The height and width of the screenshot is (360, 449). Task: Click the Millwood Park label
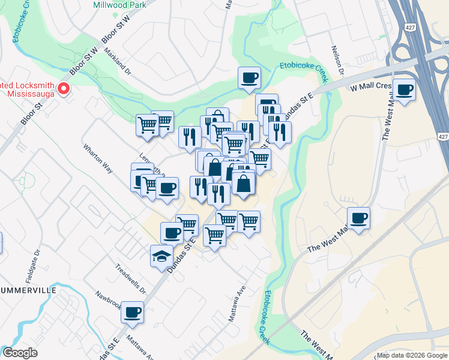[120, 5]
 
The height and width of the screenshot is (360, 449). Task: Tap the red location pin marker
[64, 90]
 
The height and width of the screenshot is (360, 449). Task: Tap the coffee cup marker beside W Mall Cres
[404, 89]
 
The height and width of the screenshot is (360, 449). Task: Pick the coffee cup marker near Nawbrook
[133, 312]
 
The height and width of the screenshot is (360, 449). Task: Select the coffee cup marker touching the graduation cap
[172, 232]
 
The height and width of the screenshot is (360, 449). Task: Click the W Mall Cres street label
[370, 86]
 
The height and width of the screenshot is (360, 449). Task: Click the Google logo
[20, 353]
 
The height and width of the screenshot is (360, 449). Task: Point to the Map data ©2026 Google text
[412, 355]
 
